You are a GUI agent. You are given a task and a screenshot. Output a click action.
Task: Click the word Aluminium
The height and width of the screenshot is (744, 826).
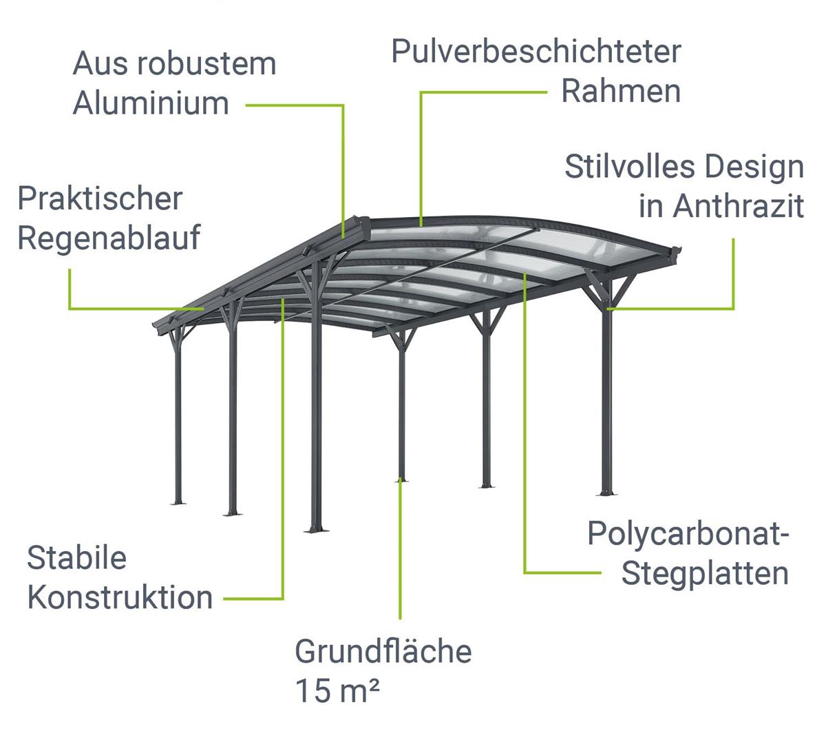pyautogui.click(x=151, y=103)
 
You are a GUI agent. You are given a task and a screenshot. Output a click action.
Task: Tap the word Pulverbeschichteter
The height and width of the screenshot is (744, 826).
pyautogui.click(x=536, y=52)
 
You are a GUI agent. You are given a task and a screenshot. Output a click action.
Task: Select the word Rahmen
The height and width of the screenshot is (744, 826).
pyautogui.click(x=621, y=92)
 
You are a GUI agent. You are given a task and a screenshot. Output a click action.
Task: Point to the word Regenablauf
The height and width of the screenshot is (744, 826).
pyautogui.click(x=109, y=238)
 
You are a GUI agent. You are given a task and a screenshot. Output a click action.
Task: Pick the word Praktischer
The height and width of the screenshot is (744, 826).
pyautogui.click(x=100, y=199)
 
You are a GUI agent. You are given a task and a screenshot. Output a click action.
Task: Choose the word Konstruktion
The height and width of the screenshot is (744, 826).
pyautogui.click(x=120, y=597)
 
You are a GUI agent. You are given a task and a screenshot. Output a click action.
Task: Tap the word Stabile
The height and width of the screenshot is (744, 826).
pyautogui.click(x=76, y=558)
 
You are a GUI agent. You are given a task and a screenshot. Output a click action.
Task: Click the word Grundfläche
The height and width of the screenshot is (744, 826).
pyautogui.click(x=383, y=652)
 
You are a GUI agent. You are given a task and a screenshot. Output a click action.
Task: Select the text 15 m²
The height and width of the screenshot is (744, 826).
pyautogui.click(x=337, y=691)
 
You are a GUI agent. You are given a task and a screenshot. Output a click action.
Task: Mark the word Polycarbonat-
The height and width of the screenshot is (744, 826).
pyautogui.click(x=688, y=535)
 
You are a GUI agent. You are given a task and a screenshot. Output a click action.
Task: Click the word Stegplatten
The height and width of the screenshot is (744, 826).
pyautogui.click(x=705, y=574)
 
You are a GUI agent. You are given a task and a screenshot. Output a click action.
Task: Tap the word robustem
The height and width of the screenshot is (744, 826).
pyautogui.click(x=204, y=64)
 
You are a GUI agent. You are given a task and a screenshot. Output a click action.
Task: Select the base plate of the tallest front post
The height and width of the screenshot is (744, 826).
pyautogui.click(x=316, y=529)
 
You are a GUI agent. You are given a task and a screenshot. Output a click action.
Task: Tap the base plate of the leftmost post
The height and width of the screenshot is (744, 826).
pyautogui.click(x=178, y=502)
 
